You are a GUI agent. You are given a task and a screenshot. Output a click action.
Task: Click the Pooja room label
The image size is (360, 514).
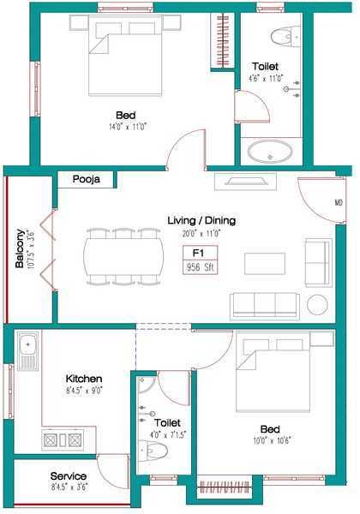(x=87, y=180)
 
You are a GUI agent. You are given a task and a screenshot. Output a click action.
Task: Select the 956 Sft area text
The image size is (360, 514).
(x=200, y=266)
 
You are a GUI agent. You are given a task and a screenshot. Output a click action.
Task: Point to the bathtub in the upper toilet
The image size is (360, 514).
(x=270, y=152)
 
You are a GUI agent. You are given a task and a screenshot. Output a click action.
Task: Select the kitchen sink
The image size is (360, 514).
(x=27, y=351)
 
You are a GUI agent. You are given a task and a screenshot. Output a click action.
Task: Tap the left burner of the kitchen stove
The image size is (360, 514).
(x=51, y=439)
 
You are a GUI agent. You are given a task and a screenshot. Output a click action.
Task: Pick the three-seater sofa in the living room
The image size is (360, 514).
(x=265, y=305)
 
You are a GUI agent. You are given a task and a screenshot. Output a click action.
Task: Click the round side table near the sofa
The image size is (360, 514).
(x=317, y=305)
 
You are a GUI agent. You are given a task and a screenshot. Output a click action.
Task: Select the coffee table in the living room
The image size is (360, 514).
(x=264, y=263)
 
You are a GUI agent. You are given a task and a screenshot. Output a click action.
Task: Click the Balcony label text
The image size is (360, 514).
(x=19, y=248)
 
